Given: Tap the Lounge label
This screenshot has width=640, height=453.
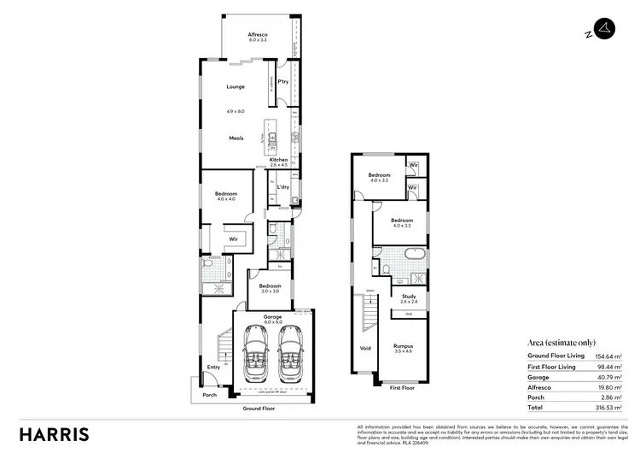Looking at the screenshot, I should (235, 86).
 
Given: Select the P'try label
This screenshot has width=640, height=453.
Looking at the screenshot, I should (282, 83).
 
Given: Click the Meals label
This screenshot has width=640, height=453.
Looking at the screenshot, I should (236, 138).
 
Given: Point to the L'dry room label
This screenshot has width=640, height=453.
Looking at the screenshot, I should (282, 187).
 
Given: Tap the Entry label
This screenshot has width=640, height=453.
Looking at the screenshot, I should (212, 368).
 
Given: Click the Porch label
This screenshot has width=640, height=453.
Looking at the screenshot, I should (209, 395).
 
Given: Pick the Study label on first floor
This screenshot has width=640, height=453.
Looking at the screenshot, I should (409, 297).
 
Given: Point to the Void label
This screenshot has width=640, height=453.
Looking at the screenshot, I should (365, 348).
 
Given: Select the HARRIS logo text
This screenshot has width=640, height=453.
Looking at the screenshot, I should (55, 432).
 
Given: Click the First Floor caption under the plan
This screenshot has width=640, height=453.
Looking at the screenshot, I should (401, 387).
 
